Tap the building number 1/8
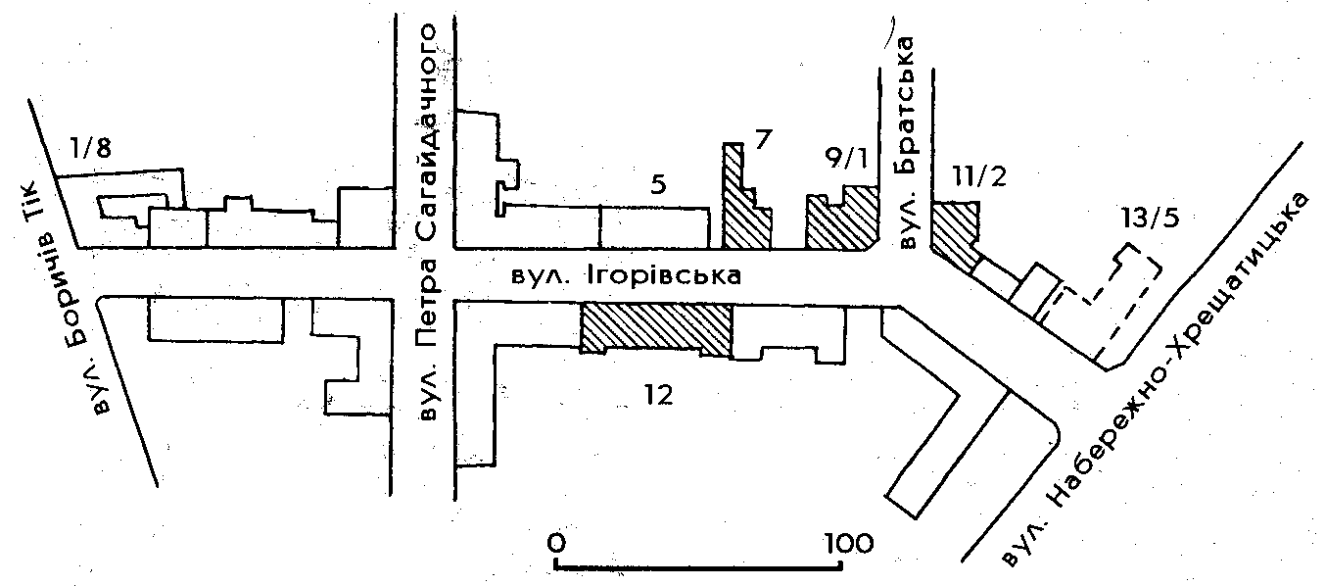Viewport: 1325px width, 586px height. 90,149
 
